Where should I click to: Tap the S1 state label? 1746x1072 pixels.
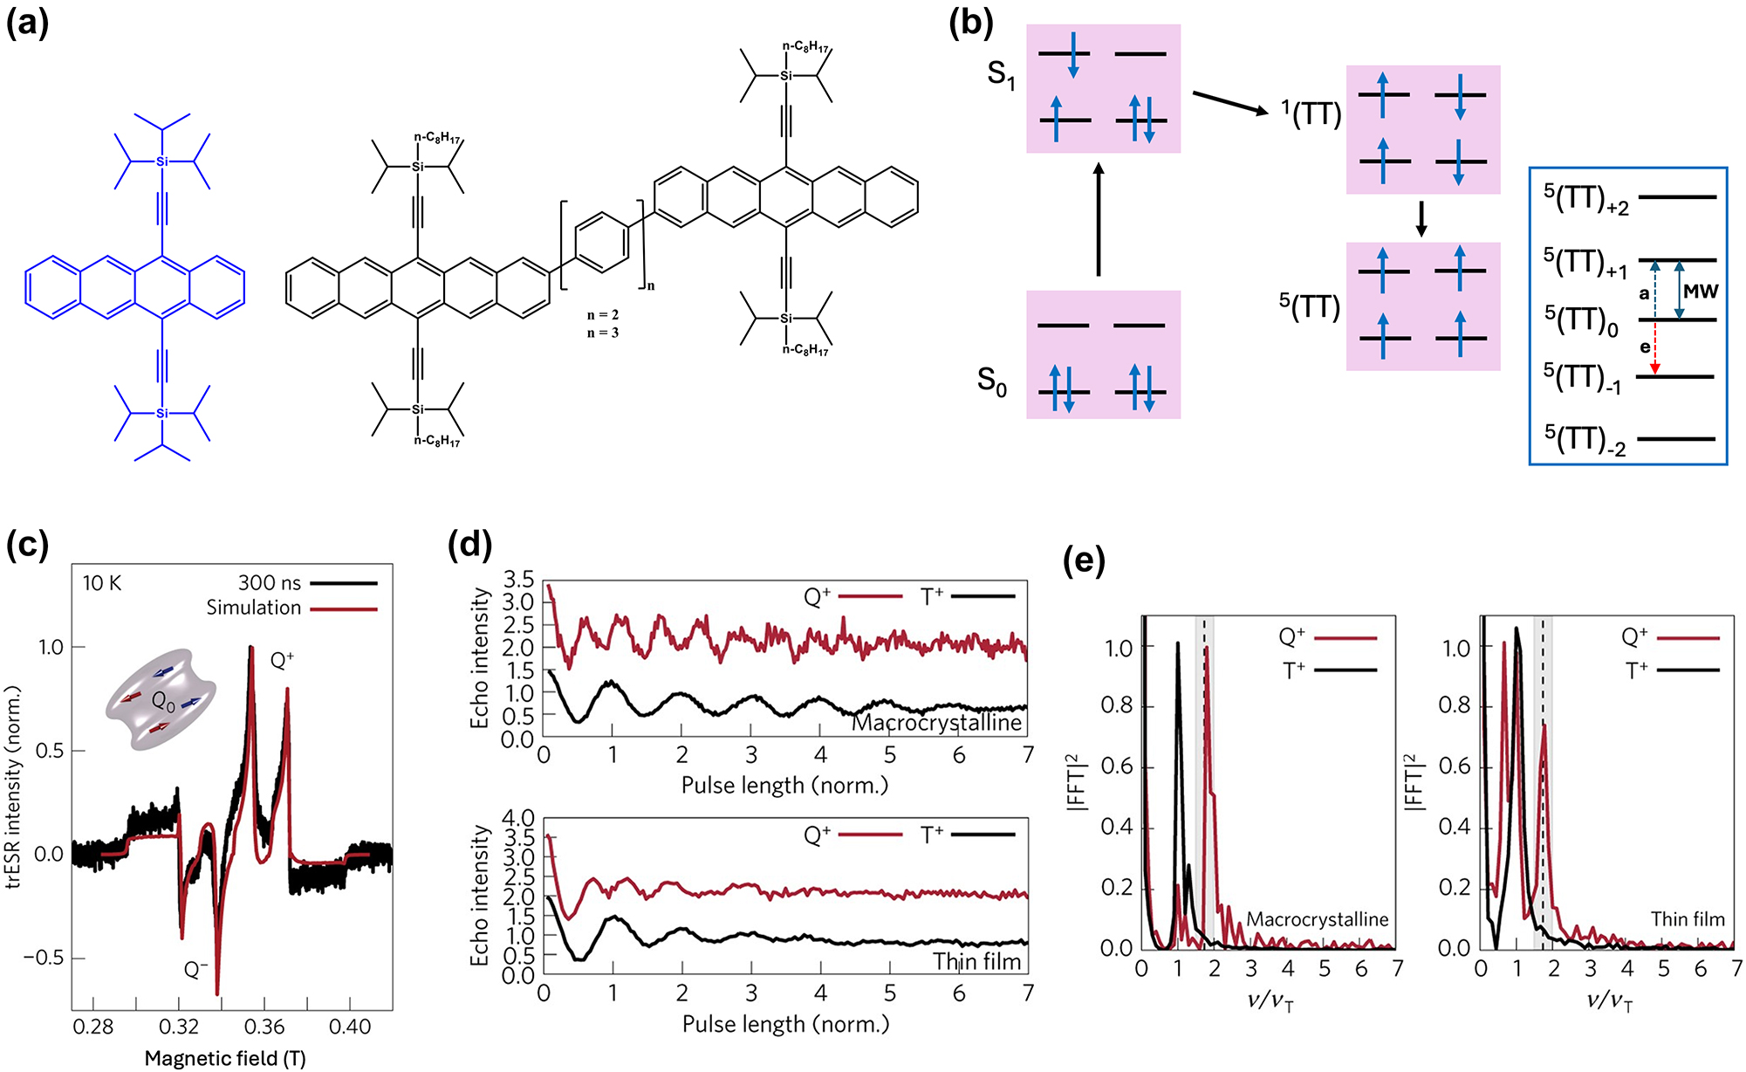coord(1001,75)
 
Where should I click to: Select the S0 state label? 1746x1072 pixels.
coord(992,381)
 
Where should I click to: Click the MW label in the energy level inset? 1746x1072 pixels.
coord(1701,292)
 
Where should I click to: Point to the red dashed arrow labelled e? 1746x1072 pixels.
coord(1654,347)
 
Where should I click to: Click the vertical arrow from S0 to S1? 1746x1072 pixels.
coord(1099,220)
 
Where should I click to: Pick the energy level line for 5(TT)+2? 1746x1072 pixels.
coord(1678,197)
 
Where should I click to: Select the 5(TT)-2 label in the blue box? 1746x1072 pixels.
coord(1585,440)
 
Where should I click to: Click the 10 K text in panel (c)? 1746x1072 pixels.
coord(102,583)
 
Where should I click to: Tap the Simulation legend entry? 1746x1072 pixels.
coord(254,608)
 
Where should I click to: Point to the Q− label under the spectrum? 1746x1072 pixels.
coord(195,969)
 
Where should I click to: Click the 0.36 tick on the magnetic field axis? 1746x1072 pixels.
coord(264,1027)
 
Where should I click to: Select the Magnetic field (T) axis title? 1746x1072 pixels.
coord(225,1059)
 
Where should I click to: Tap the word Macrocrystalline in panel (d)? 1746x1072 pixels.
coord(936,723)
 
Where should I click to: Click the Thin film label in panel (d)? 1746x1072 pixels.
coord(977,961)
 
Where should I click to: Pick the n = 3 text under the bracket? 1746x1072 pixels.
coord(603,333)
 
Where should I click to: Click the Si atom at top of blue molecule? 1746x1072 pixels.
coord(161,161)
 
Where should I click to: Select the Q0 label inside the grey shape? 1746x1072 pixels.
coord(164,701)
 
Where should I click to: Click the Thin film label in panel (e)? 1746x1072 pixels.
coord(1688,918)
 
